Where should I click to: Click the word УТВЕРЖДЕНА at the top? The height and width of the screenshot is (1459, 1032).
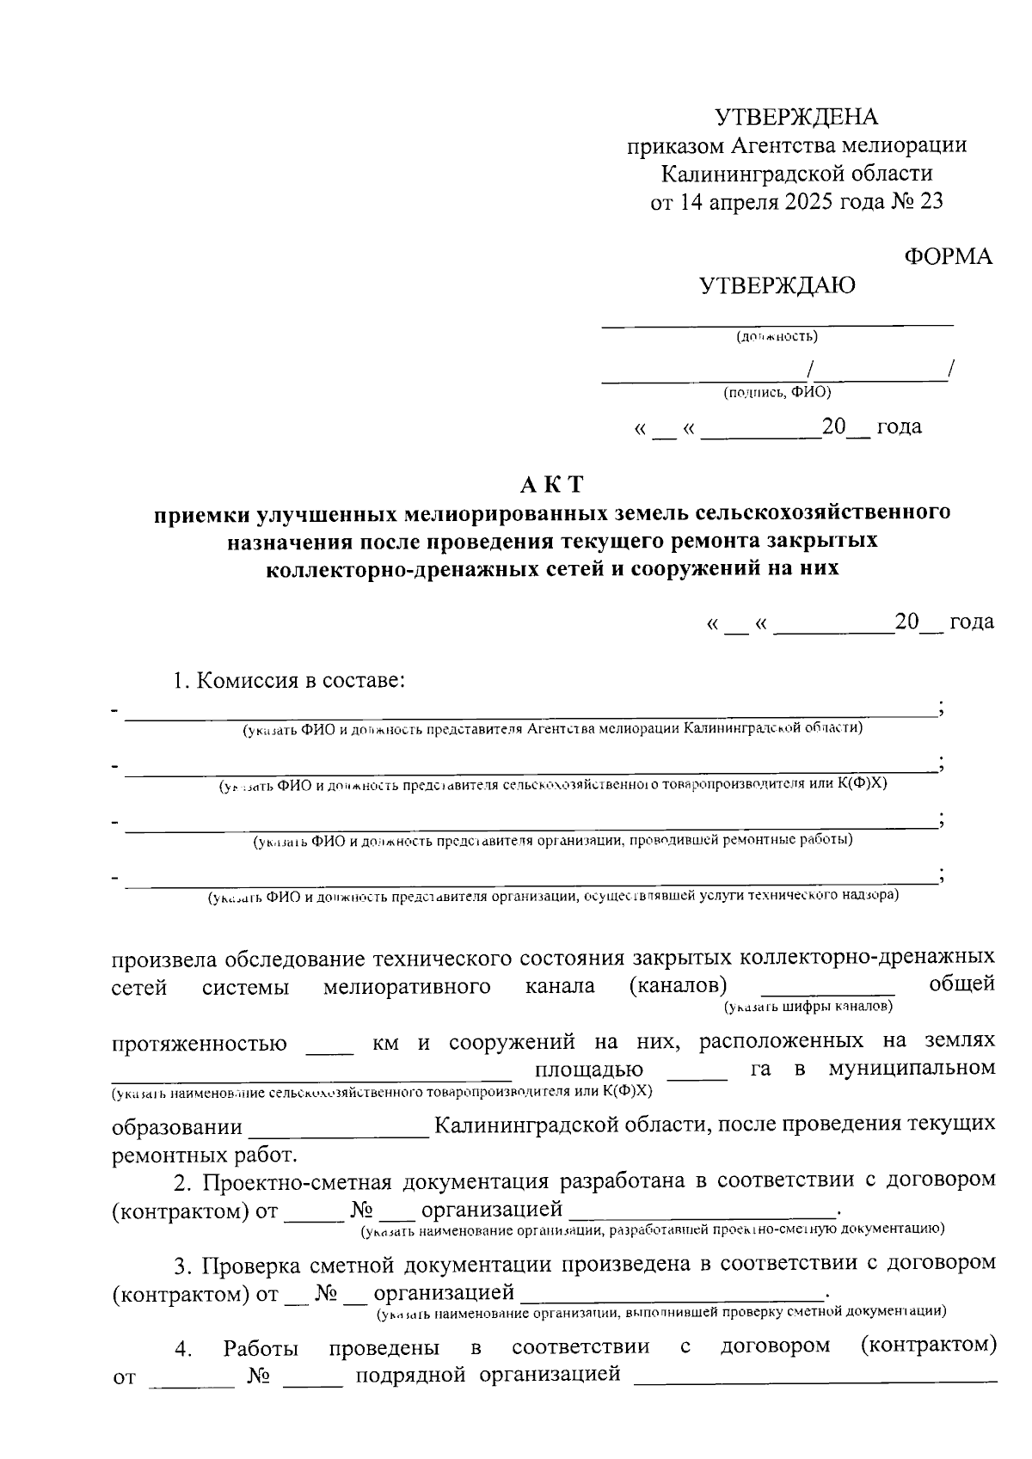[x=797, y=117]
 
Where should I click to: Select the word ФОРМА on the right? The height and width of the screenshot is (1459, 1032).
[x=949, y=257]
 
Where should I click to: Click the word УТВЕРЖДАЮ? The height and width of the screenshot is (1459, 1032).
[x=777, y=286]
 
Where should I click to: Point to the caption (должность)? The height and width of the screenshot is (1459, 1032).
[x=777, y=337]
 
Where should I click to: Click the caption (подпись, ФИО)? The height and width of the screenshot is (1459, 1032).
[x=777, y=393]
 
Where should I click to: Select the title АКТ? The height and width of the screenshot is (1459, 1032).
[x=551, y=485]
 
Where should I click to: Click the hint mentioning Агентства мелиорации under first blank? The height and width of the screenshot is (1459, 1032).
[x=552, y=729]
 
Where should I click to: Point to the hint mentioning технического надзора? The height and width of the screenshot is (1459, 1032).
[x=552, y=897]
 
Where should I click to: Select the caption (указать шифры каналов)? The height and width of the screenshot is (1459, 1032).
[x=808, y=1005]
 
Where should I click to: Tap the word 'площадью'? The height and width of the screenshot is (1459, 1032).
[x=589, y=1070]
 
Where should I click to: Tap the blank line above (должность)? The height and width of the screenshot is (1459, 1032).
[x=777, y=323]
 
